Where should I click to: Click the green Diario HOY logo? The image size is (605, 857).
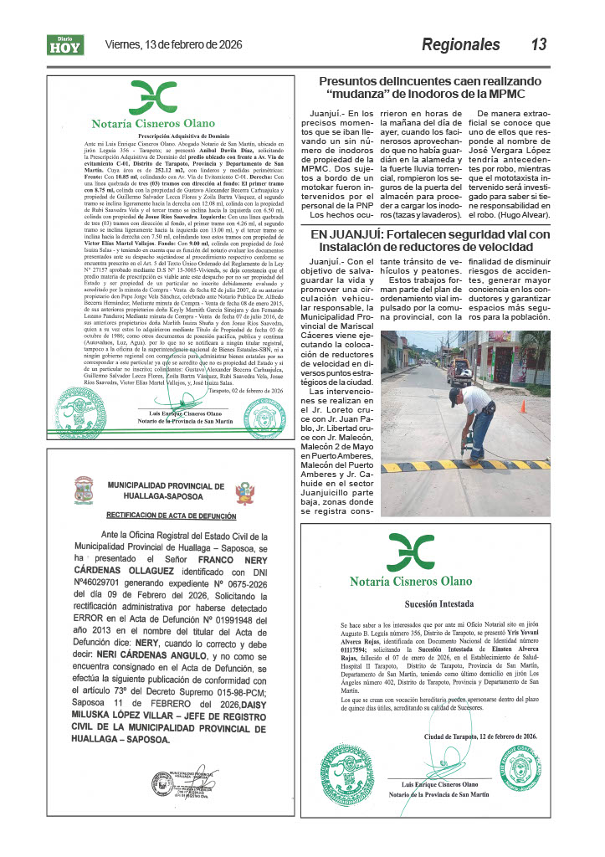click(x=65, y=45)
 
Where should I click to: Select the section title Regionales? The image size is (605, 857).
click(x=460, y=44)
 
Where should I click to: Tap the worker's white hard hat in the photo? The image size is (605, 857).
click(x=455, y=391)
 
